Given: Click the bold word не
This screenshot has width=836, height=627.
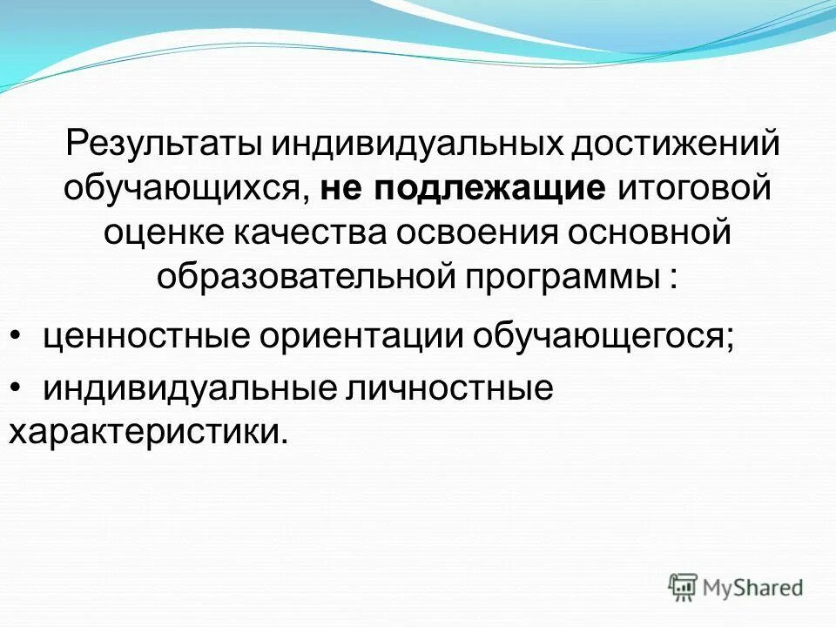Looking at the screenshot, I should tap(343, 189).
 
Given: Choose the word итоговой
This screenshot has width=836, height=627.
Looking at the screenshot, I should tap(694, 189).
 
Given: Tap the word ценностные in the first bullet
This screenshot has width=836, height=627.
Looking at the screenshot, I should tap(139, 335).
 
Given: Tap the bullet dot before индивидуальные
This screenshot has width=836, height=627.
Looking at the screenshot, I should tap(17, 388).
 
